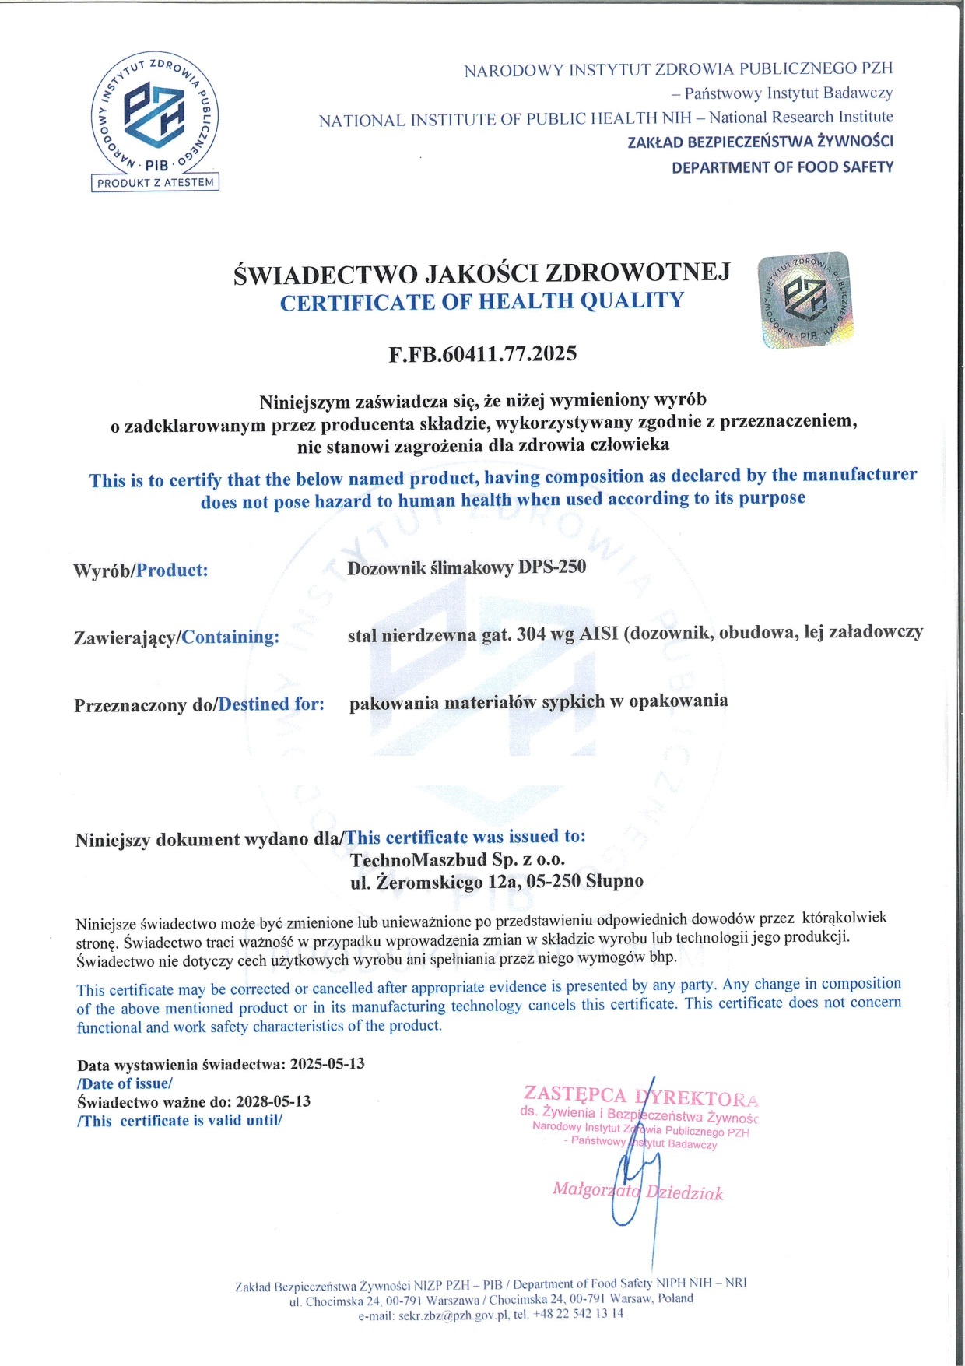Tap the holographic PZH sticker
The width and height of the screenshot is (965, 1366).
click(x=805, y=300)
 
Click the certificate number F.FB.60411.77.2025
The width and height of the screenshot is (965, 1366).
click(x=482, y=354)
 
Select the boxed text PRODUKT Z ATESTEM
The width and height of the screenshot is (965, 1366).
click(x=156, y=183)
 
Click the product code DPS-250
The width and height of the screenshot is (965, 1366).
click(x=552, y=567)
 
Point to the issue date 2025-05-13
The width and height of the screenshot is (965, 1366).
click(x=327, y=1063)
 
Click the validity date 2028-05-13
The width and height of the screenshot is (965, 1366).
click(x=273, y=1101)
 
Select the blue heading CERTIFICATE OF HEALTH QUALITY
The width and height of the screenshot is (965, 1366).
click(x=482, y=301)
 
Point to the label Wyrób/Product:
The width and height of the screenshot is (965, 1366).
click(x=141, y=570)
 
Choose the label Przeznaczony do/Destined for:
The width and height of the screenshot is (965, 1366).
click(x=199, y=704)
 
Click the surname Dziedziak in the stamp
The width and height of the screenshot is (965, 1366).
click(x=686, y=1193)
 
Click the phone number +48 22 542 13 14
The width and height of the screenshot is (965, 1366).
click(x=578, y=1314)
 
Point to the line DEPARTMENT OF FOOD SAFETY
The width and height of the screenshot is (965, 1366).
click(x=782, y=167)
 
